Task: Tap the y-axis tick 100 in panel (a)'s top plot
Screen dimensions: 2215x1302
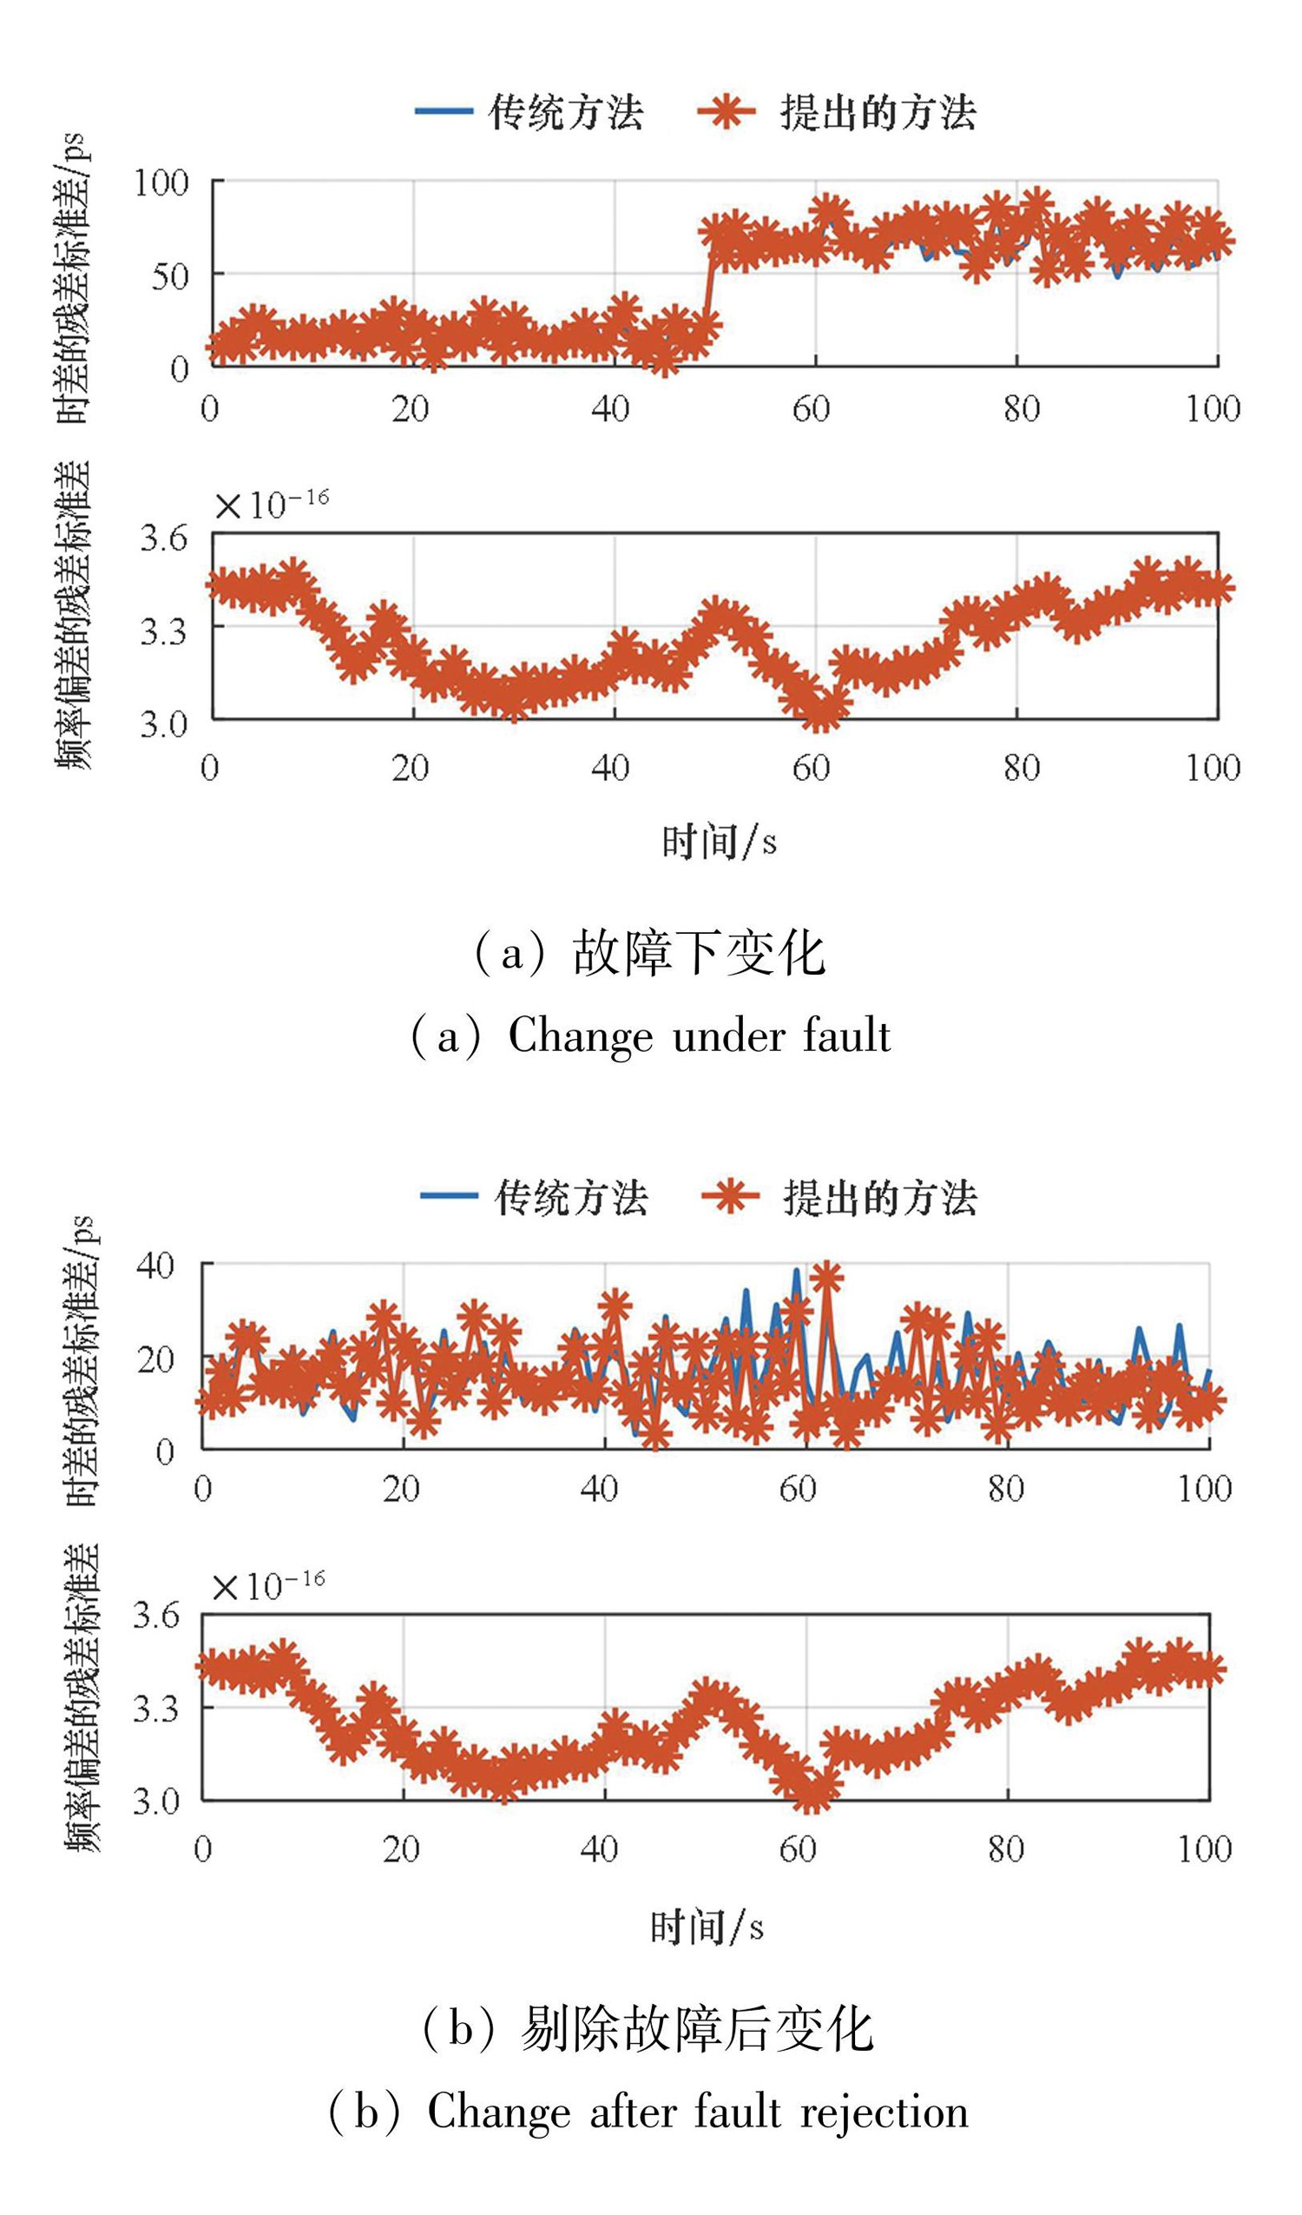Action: click(161, 182)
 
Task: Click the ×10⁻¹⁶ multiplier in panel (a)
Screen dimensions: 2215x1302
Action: click(272, 504)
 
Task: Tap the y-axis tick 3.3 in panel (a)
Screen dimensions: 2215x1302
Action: click(164, 630)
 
